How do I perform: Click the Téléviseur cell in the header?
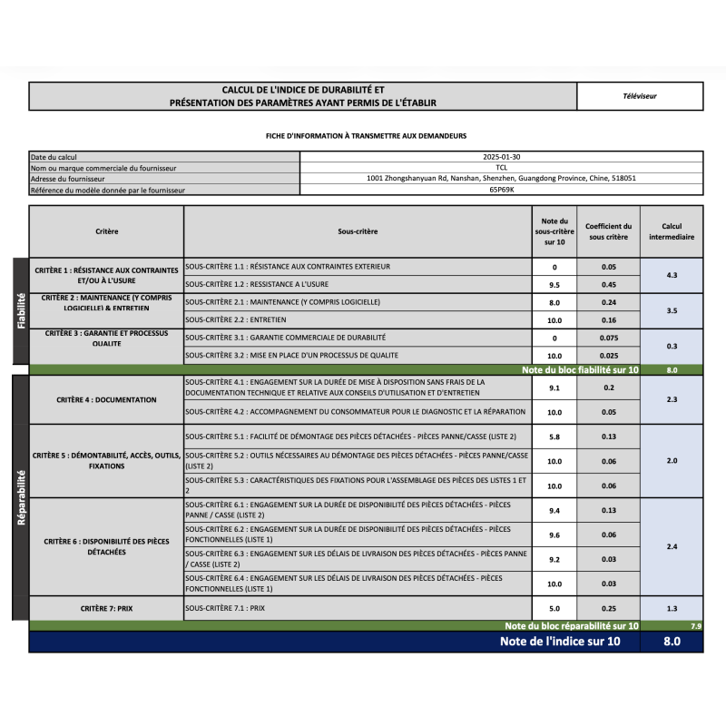[640, 95]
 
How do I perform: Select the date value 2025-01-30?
[501, 156]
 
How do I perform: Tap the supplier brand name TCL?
[501, 167]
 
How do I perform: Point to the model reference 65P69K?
[501, 190]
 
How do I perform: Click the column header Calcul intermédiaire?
[672, 231]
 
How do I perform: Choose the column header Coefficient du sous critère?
[608, 231]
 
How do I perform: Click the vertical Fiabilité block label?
[20, 310]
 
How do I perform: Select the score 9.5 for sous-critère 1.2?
[554, 284]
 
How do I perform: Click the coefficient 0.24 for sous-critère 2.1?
[608, 302]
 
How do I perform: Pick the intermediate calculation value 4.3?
[672, 275]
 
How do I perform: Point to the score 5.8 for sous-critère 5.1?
[554, 437]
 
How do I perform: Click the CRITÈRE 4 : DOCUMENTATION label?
[106, 399]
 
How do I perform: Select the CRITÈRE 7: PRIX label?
[106, 608]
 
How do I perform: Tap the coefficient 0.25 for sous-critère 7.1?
[608, 608]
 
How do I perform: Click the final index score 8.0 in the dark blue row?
[672, 642]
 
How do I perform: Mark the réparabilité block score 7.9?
[695, 626]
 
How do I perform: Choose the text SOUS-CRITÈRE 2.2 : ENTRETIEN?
[236, 319]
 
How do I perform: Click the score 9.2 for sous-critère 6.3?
[554, 560]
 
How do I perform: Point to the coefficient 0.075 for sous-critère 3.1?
[608, 337]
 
